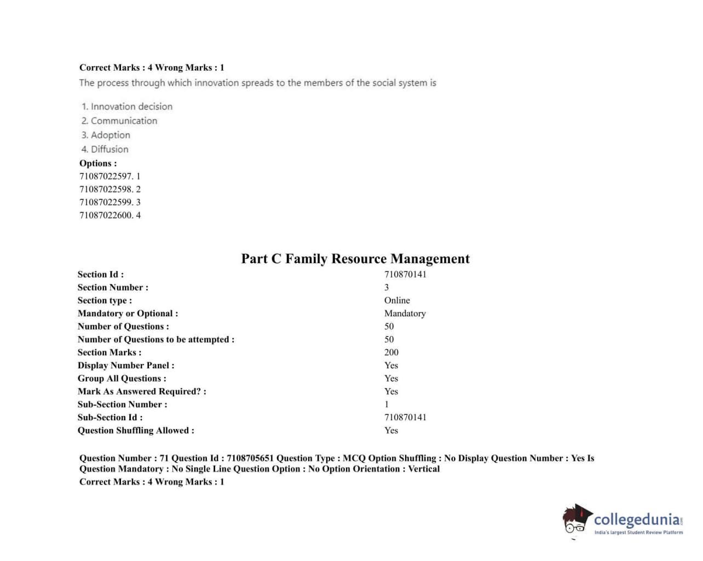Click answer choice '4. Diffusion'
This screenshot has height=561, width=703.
point(105,149)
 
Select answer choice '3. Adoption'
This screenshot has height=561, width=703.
point(106,135)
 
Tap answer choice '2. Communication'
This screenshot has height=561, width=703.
point(119,120)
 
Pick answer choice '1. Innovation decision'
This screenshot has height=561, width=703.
point(126,106)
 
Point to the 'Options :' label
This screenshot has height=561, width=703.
point(98,163)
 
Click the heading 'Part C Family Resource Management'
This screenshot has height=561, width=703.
point(355,258)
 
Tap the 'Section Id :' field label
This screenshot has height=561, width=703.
point(101,274)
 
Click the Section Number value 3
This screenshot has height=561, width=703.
point(387,287)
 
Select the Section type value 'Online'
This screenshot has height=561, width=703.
point(397,300)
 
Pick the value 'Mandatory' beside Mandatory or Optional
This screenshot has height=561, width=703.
point(405,314)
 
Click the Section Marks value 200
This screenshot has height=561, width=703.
point(391,352)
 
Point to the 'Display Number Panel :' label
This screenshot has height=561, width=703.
point(126,366)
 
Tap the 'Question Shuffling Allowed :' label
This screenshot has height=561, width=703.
point(136,430)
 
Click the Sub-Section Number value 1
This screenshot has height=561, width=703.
point(387,404)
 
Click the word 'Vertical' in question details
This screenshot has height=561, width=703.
point(424,469)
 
